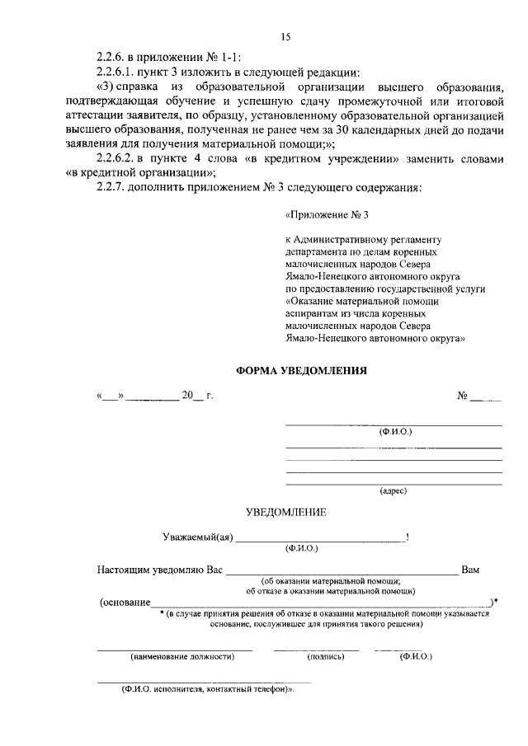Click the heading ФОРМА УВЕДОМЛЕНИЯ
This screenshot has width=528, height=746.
(301, 370)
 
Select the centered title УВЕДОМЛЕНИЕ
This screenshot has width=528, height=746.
(286, 512)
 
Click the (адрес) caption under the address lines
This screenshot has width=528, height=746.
(393, 490)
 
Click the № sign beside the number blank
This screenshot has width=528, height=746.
(462, 396)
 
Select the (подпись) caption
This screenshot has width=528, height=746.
(318, 657)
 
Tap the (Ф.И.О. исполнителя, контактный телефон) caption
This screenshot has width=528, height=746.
(208, 688)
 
